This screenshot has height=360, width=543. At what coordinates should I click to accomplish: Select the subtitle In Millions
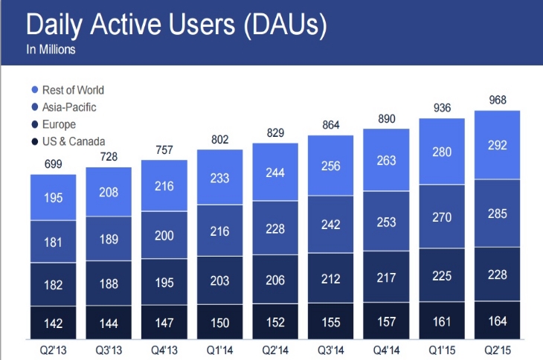(51, 51)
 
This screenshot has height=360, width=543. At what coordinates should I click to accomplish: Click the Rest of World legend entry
(67, 90)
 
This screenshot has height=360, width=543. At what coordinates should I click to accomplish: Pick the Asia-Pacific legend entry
(63, 107)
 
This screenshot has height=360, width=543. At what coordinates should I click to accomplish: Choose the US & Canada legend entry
(67, 141)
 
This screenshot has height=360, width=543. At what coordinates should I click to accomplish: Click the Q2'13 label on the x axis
(53, 348)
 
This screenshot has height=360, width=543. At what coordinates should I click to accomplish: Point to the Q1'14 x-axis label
(219, 348)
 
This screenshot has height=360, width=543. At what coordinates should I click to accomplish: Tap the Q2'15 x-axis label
(497, 348)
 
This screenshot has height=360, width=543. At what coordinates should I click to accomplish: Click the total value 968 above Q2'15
(497, 100)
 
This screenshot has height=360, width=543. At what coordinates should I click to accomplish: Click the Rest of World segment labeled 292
(497, 146)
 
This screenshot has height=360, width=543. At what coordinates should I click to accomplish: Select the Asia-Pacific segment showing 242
(330, 223)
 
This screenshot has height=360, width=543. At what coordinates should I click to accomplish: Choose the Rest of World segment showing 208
(109, 191)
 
